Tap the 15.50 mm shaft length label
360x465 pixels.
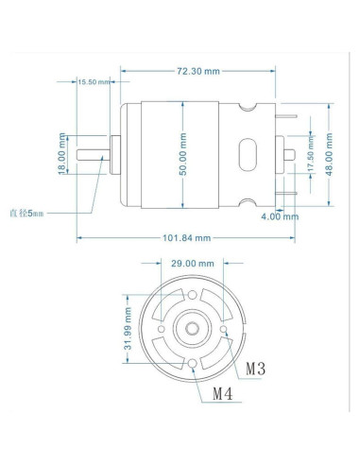[x=94, y=82]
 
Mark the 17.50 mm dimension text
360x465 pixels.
[x=311, y=154]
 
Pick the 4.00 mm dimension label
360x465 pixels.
[x=280, y=216]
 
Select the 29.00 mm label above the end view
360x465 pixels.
[x=193, y=263]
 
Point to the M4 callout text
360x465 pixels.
[x=223, y=392]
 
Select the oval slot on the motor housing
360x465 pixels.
[x=250, y=154]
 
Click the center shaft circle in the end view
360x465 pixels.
[x=193, y=327]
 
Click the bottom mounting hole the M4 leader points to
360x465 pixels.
[x=193, y=364]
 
